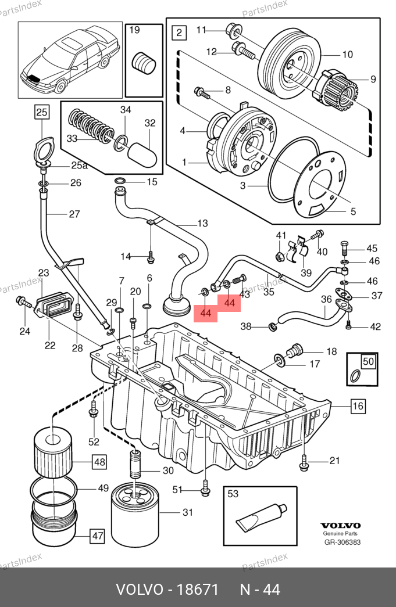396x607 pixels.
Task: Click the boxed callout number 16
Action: pos(358,405)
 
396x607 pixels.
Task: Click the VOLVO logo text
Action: pos(340,525)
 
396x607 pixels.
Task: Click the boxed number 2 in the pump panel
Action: pos(179,32)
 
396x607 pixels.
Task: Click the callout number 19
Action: pos(134,30)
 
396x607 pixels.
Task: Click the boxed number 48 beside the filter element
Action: pos(99,461)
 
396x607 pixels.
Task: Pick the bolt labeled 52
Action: pos(94,410)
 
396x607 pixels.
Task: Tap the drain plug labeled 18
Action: pos(294,350)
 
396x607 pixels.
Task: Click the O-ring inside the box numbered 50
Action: pos(355,375)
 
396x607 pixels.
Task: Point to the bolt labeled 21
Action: pos(304,462)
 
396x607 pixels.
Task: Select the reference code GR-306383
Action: pos(343,543)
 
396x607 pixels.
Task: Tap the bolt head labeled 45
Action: pos(344,245)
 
